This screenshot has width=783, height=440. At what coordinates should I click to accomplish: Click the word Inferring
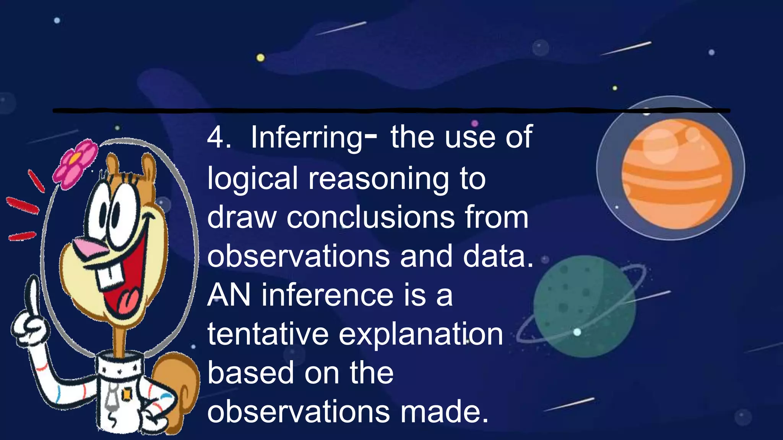[306, 138]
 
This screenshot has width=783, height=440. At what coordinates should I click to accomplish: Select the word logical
[252, 179]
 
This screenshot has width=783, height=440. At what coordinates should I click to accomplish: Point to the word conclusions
[370, 217]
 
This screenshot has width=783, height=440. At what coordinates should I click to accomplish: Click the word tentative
[268, 334]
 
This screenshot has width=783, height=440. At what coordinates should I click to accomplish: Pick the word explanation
[421, 335]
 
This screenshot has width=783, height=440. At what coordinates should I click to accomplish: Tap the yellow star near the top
[260, 58]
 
